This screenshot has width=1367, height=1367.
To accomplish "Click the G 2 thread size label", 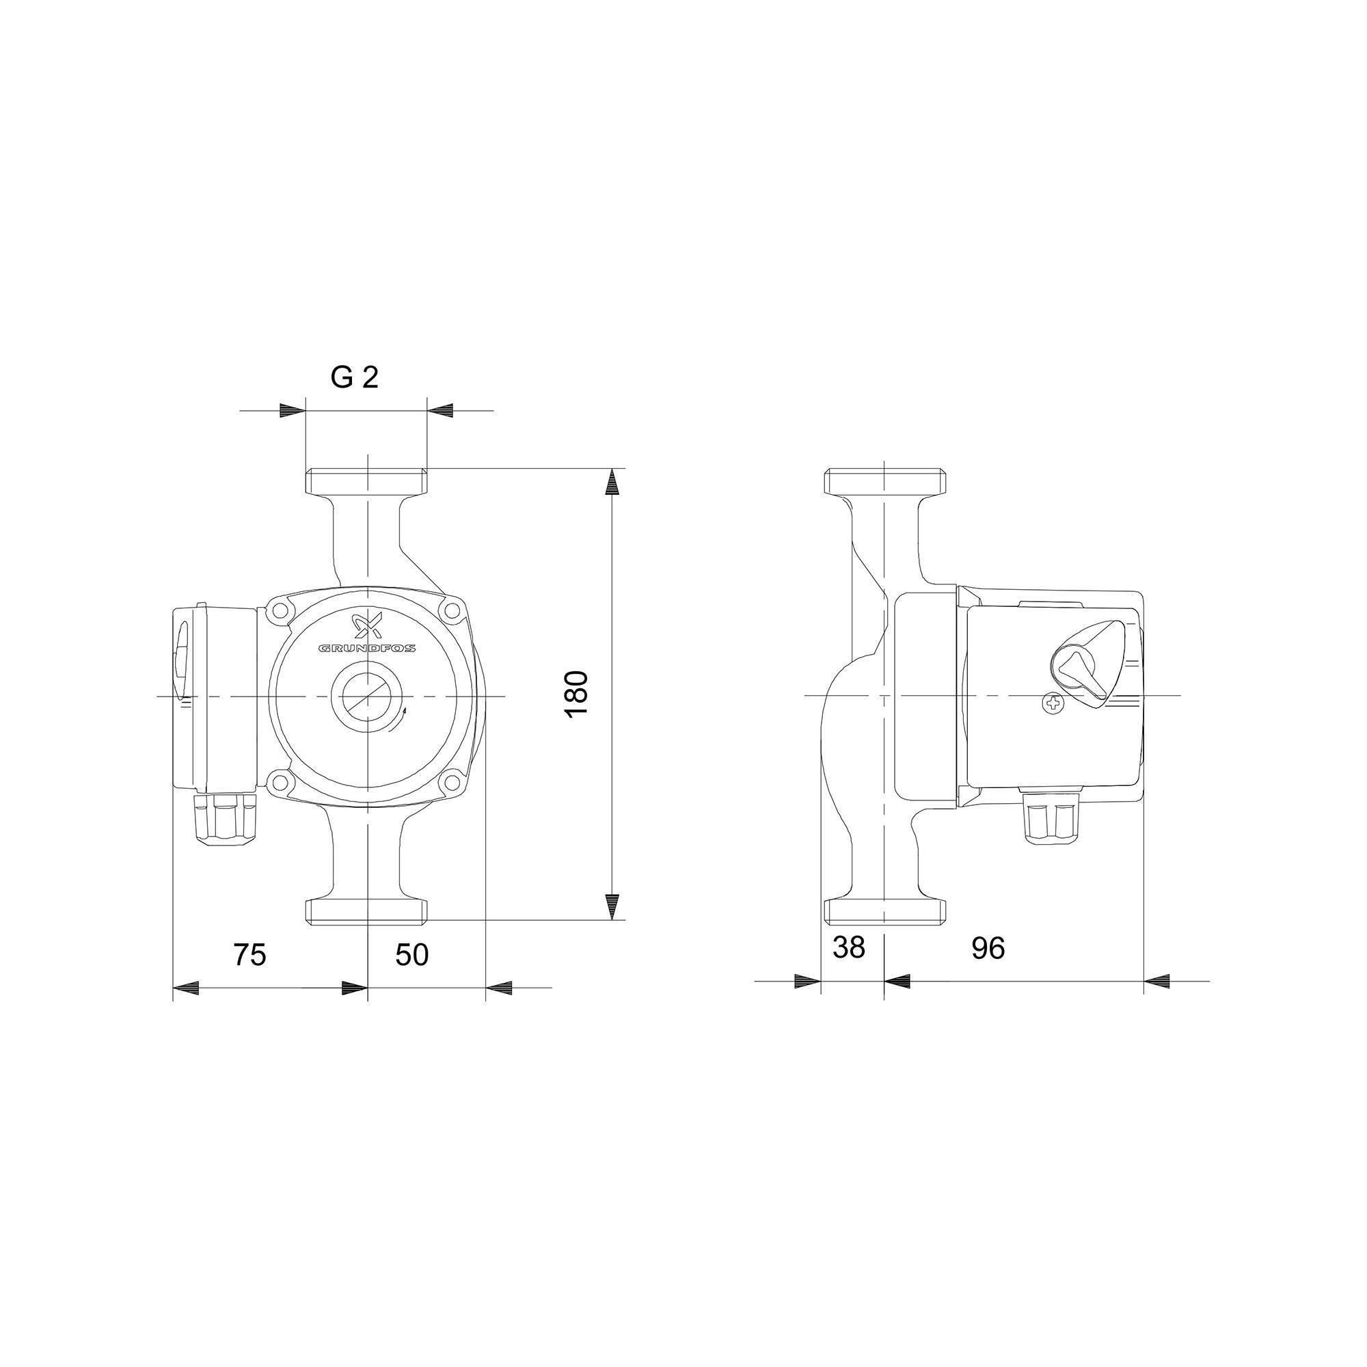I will pyautogui.click(x=355, y=378).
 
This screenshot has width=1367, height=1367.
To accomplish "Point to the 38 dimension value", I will pyautogui.click(x=848, y=947).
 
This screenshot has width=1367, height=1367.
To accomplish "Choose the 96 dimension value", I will pyautogui.click(x=988, y=948).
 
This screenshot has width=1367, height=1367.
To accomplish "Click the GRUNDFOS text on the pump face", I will pyautogui.click(x=366, y=647).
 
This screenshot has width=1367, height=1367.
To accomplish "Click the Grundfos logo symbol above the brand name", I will pyautogui.click(x=366, y=625).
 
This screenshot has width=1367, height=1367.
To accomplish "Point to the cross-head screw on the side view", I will pyautogui.click(x=1053, y=703).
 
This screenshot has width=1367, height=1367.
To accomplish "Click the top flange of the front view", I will pyautogui.click(x=366, y=481).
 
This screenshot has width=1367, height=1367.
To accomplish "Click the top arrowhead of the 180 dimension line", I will pyautogui.click(x=612, y=483).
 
